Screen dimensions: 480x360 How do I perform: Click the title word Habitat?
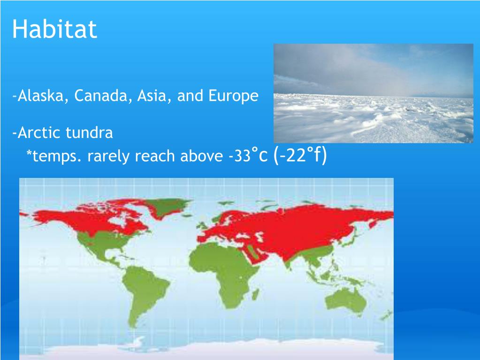point(54,29)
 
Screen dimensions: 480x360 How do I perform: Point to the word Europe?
point(233,96)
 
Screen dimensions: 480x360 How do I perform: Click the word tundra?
point(89,132)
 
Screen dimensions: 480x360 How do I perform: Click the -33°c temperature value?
point(248,155)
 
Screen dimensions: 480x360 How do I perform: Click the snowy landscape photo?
point(373,93)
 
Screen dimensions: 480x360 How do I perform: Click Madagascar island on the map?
point(255,294)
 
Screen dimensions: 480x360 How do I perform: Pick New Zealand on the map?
point(386,315)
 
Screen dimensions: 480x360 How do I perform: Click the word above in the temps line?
point(201,155)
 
